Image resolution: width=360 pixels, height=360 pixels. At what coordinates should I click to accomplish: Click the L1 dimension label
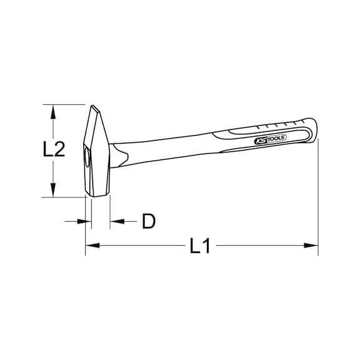[200, 246]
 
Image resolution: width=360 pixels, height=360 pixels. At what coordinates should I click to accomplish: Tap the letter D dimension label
[148, 221]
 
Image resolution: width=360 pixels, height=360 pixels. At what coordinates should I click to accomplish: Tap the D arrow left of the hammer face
[81, 221]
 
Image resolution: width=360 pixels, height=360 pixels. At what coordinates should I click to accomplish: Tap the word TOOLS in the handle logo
[274, 139]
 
